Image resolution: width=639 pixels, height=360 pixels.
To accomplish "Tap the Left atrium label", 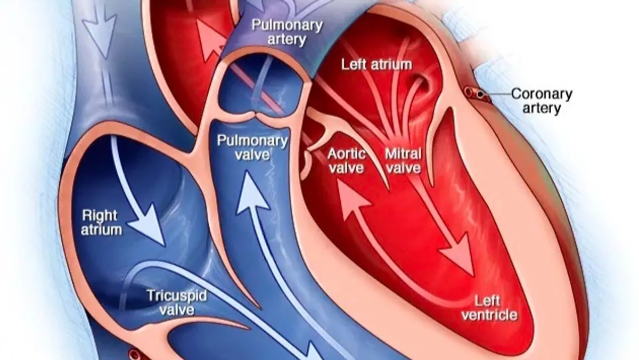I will tap(376, 65).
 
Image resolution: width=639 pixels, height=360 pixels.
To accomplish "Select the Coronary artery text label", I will tap(541, 101).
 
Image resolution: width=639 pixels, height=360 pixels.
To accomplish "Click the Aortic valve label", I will tap(347, 161).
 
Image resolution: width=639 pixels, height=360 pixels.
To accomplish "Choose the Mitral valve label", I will tap(403, 161).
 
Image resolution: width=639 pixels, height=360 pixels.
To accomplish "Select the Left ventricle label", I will tap(489, 308).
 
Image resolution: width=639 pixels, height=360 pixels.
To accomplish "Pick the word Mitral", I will tap(403, 154).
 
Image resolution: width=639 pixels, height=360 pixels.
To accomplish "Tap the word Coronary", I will tap(541, 94).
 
